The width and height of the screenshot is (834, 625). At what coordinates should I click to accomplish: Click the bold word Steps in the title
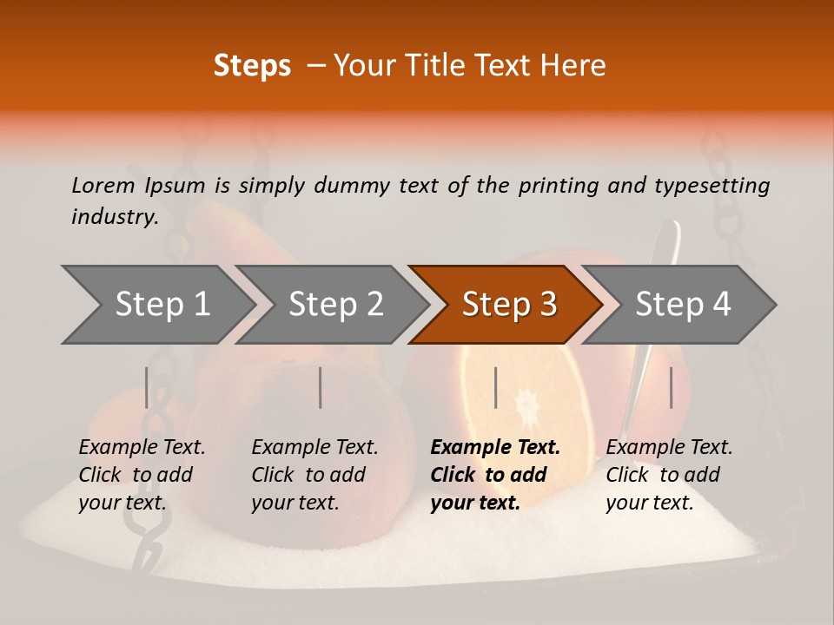click(x=252, y=66)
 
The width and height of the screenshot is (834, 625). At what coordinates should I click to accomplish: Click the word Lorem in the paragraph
click(x=103, y=185)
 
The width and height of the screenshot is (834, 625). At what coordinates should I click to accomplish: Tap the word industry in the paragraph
click(x=114, y=217)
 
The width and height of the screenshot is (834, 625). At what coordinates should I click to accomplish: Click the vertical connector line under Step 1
click(x=147, y=387)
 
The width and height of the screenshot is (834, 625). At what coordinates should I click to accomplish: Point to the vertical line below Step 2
click(x=321, y=387)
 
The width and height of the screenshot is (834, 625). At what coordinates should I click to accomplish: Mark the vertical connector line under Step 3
click(x=495, y=387)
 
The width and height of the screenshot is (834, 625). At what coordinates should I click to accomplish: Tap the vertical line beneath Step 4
click(x=671, y=387)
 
